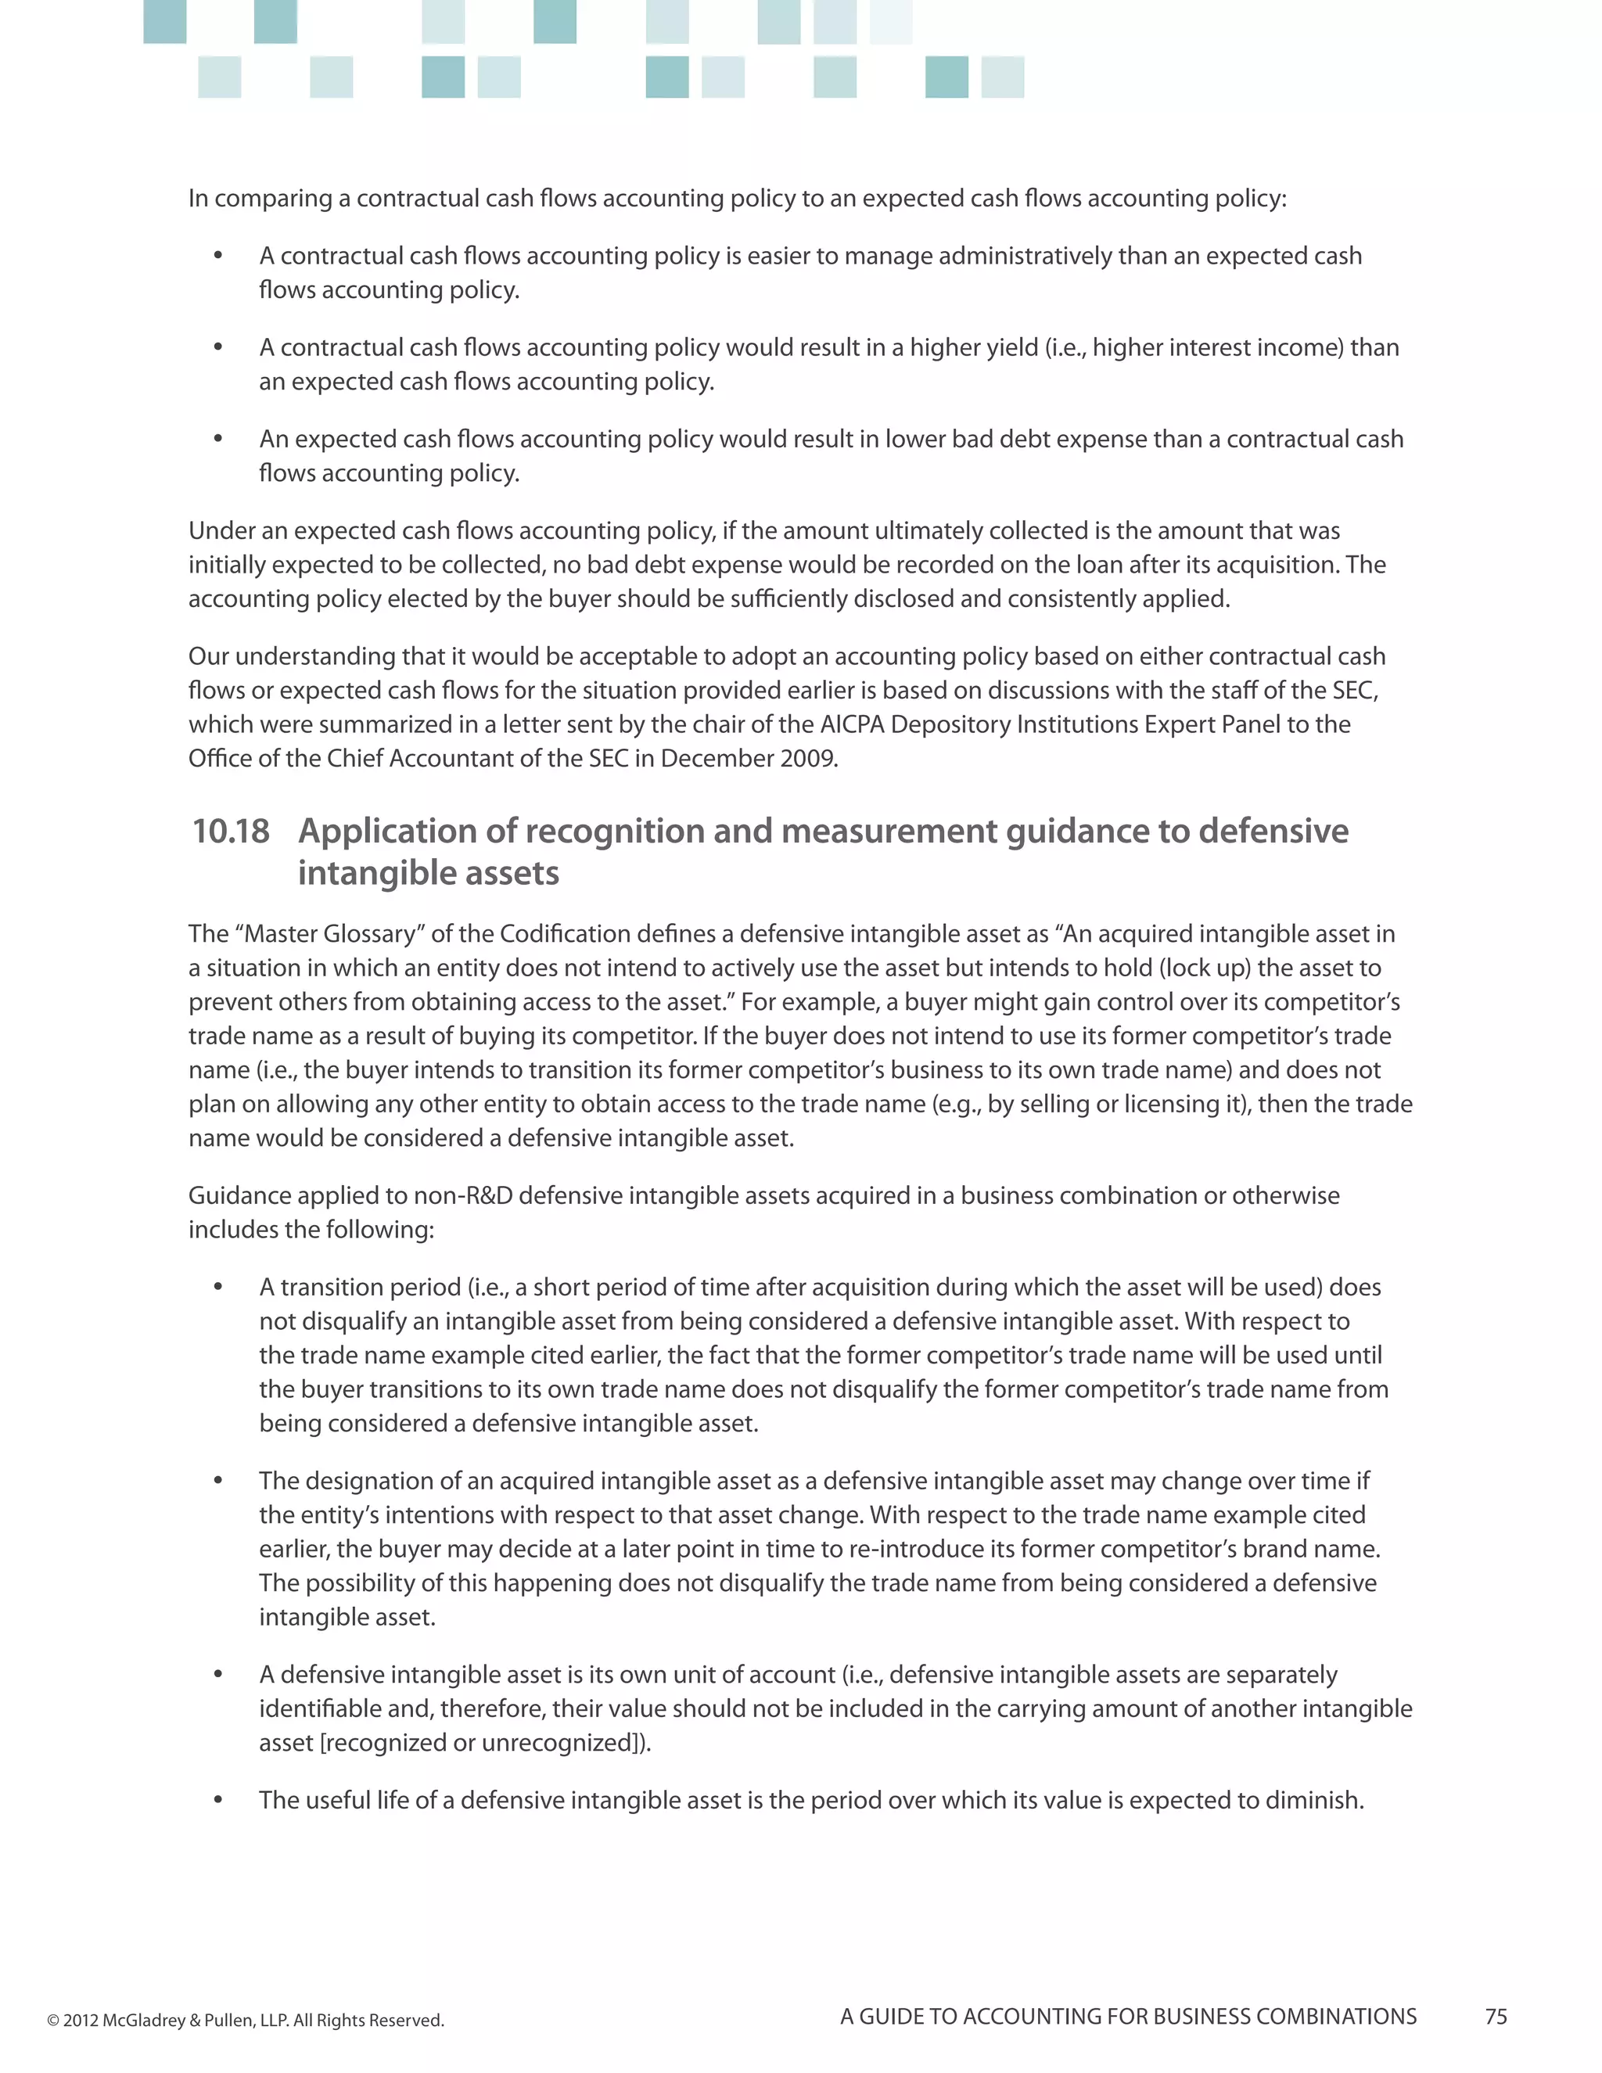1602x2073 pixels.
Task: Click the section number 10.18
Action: [231, 832]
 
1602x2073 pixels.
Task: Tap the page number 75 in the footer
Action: [1496, 2017]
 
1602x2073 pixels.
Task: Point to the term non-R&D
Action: [462, 1196]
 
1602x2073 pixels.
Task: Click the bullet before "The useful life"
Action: [218, 1801]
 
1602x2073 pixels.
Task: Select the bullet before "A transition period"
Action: [218, 1288]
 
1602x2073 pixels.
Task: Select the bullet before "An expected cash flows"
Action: [218, 440]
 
